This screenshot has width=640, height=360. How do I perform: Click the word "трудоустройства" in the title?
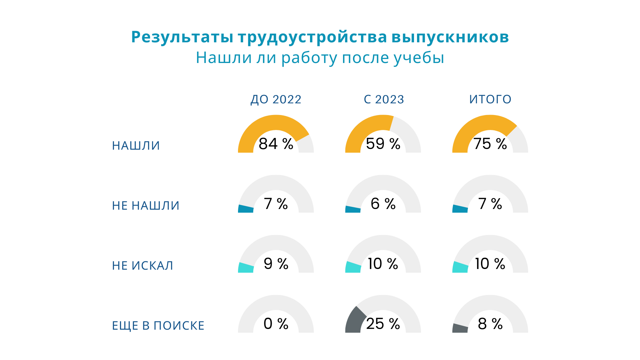click(312, 37)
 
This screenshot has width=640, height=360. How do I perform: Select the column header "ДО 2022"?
click(276, 99)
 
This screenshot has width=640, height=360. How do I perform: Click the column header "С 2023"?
click(384, 99)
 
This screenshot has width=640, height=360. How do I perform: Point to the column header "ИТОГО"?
click(490, 99)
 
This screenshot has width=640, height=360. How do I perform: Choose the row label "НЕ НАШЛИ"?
click(146, 206)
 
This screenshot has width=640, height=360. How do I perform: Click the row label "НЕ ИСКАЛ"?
click(143, 266)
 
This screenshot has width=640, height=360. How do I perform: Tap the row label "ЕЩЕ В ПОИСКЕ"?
click(158, 326)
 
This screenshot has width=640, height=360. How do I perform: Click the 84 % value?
click(276, 144)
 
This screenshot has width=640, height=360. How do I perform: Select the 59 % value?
click(383, 144)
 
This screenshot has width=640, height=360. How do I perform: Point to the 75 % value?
click(490, 144)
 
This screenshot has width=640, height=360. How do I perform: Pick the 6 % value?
click(383, 204)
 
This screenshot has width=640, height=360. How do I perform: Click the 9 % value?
click(276, 264)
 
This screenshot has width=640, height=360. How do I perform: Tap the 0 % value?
click(276, 324)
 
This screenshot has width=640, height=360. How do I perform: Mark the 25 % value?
click(383, 324)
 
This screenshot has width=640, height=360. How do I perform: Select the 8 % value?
click(490, 324)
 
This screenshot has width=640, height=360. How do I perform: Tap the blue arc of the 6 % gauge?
click(353, 209)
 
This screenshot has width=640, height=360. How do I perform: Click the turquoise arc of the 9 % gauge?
click(246, 268)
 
